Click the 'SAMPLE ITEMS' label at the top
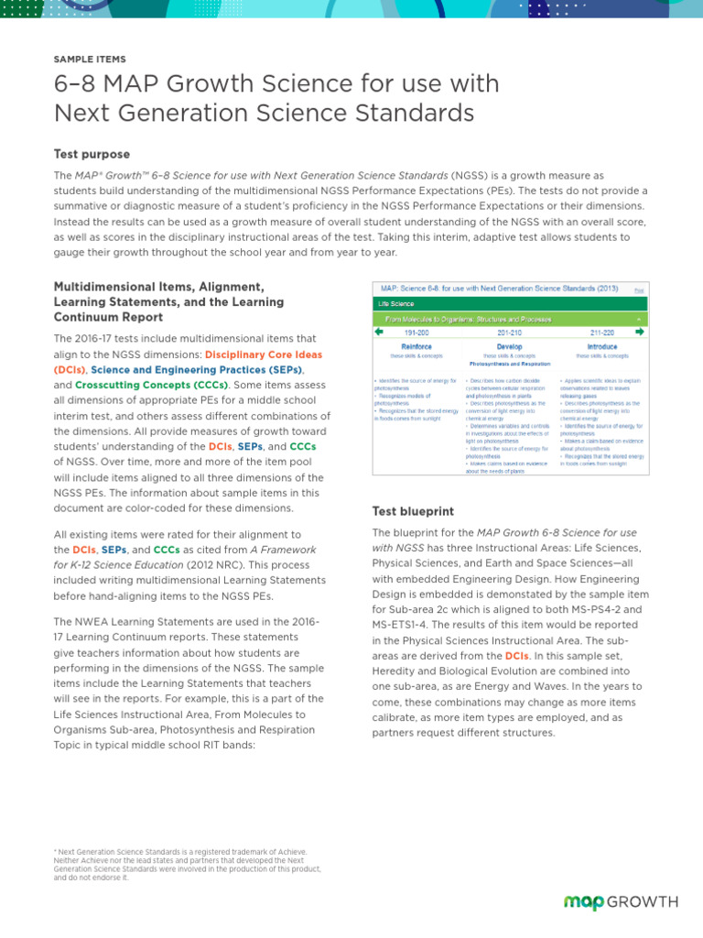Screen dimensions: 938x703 [90, 59]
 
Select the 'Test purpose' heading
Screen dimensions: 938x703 [92, 154]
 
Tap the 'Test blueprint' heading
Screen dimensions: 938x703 [413, 510]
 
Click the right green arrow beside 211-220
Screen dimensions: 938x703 [640, 332]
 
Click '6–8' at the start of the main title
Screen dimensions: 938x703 [74, 84]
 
